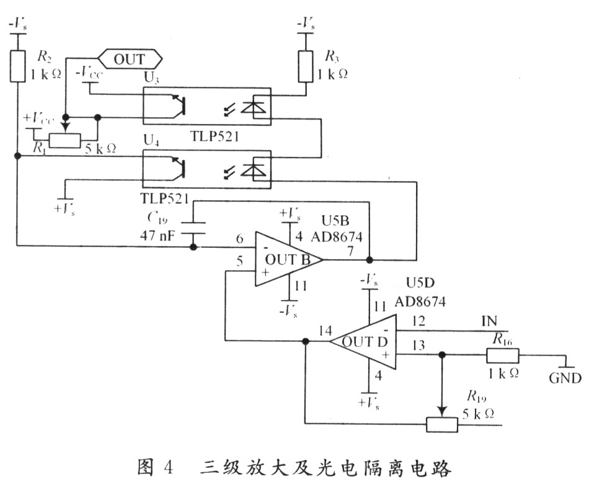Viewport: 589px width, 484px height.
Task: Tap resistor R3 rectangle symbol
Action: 306,66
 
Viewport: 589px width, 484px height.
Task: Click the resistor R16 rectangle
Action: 502,356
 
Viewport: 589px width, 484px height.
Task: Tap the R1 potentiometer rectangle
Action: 64,140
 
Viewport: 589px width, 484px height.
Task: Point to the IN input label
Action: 490,321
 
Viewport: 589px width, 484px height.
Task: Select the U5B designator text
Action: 338,221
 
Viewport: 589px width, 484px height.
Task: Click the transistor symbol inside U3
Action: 180,106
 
